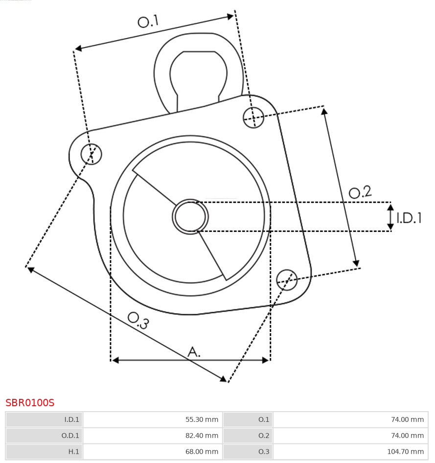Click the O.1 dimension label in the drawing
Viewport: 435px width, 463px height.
coord(148,22)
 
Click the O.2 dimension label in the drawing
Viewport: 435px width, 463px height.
coord(360,192)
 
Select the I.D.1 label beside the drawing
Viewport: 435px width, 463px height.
coord(409,218)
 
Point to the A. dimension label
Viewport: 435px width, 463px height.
coord(194,351)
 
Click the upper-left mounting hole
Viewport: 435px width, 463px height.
coord(92,154)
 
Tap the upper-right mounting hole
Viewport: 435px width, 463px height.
coord(253,117)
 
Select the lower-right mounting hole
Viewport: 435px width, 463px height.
coord(287,279)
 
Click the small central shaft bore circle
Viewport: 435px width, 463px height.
coord(190,216)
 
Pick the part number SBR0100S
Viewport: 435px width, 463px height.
coord(30,403)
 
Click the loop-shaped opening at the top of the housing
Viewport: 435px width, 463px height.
coord(198,73)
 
